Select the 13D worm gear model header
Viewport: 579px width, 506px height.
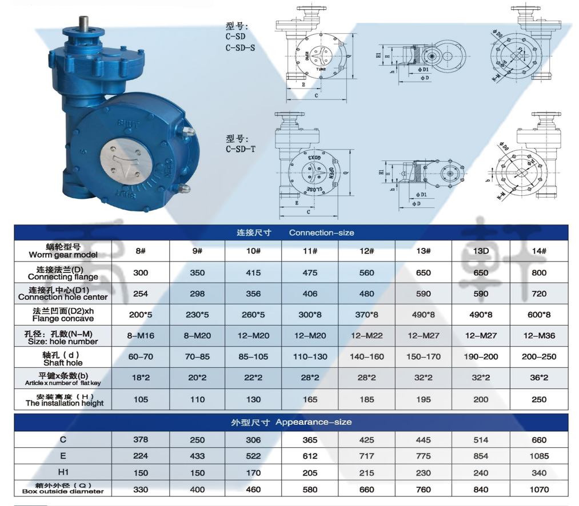[x=481, y=251]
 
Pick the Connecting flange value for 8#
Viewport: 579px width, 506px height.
[x=141, y=272]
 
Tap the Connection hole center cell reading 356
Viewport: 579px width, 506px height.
[x=253, y=294]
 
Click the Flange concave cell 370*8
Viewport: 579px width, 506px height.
[x=366, y=315]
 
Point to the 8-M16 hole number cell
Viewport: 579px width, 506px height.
[x=141, y=336]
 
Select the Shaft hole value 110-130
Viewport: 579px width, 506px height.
[x=310, y=356]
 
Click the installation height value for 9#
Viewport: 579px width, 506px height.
[x=197, y=399]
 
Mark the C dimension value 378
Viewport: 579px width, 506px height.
[x=141, y=440]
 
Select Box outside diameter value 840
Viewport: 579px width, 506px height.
[x=481, y=489]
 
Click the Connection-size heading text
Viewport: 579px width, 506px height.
[x=296, y=232]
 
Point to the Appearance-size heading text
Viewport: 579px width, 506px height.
[x=292, y=422]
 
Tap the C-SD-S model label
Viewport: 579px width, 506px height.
[x=241, y=47]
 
